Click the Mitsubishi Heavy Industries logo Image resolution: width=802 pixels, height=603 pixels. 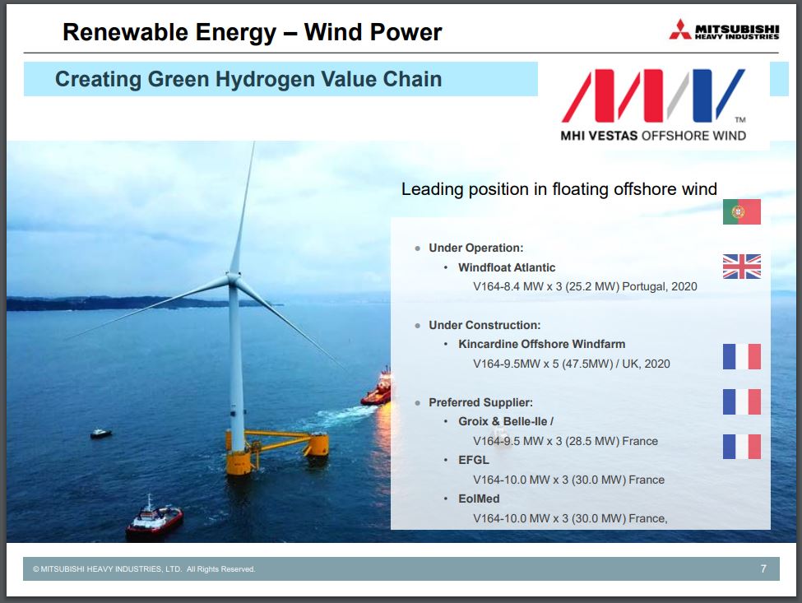[x=724, y=30]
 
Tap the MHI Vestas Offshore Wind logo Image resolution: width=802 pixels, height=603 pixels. [x=654, y=105]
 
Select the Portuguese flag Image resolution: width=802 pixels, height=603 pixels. [x=741, y=211]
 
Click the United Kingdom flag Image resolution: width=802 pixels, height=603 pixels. [x=741, y=266]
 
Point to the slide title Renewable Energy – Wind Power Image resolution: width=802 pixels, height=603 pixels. [x=253, y=32]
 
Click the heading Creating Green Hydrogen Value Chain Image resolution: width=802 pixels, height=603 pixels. [x=248, y=79]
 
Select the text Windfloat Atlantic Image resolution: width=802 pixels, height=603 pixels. [x=507, y=267]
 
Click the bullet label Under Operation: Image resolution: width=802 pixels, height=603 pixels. [x=475, y=248]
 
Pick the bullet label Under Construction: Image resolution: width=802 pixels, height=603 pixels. [x=484, y=325]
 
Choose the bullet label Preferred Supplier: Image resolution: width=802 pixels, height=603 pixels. [x=480, y=402]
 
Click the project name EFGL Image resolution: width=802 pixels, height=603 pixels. [x=474, y=460]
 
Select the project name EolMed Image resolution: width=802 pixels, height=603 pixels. [x=479, y=499]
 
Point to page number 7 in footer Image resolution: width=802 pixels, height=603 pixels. [x=763, y=568]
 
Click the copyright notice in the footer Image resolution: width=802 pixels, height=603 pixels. [x=144, y=569]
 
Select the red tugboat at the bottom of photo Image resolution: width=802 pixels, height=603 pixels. [x=154, y=519]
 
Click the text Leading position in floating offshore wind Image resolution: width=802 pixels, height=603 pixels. [x=559, y=189]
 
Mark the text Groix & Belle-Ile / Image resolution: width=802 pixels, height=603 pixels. [x=506, y=421]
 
